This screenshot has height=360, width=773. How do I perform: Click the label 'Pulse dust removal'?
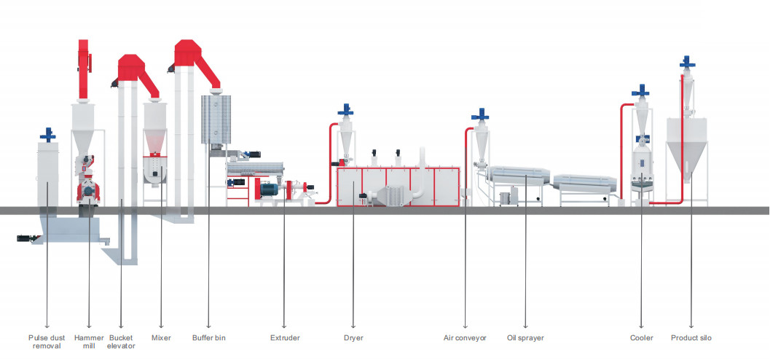click(47, 342)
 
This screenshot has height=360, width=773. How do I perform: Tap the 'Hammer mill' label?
click(89, 342)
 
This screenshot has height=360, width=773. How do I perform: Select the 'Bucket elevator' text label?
click(121, 342)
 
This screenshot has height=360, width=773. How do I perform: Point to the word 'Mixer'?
click(161, 338)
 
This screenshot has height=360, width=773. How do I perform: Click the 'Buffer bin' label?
click(208, 338)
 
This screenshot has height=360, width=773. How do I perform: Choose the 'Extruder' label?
click(285, 338)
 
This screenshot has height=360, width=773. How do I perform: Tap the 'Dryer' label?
click(353, 338)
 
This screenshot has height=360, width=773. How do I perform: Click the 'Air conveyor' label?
click(465, 338)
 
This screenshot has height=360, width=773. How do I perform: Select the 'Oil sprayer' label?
click(525, 338)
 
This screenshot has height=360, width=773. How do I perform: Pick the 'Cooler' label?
click(641, 338)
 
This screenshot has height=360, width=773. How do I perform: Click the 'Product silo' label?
click(691, 338)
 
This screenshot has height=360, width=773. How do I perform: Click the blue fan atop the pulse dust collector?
click(48, 135)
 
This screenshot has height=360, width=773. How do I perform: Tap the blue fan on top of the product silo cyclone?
click(687, 62)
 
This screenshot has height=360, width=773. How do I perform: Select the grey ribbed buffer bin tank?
click(216, 120)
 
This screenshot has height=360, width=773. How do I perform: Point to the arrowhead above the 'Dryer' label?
click(353, 326)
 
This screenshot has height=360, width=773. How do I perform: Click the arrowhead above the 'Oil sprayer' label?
click(525, 326)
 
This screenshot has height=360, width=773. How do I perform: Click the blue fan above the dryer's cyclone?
click(345, 110)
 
